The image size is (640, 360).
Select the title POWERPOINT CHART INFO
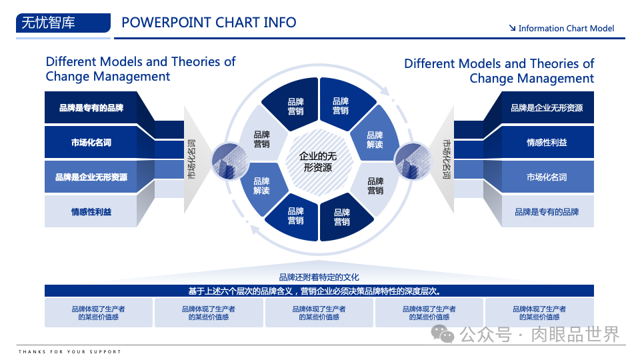click(209, 22)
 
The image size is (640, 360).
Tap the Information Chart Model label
click(561, 28)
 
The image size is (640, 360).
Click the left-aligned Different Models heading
click(141, 69)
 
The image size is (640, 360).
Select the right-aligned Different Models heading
click(499, 71)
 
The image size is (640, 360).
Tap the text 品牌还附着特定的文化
click(319, 277)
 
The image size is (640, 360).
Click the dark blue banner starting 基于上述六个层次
click(319, 291)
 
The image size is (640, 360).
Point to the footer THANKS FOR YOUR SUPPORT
click(70, 351)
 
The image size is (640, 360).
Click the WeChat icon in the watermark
click(443, 333)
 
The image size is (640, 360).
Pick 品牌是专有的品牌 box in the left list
click(91, 107)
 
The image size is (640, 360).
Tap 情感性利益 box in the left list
click(91, 212)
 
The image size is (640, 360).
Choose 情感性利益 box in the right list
click(547, 142)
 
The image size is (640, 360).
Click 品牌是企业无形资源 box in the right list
click(547, 107)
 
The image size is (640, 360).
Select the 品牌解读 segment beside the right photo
click(375, 140)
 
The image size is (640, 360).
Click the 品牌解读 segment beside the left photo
click(261, 186)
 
